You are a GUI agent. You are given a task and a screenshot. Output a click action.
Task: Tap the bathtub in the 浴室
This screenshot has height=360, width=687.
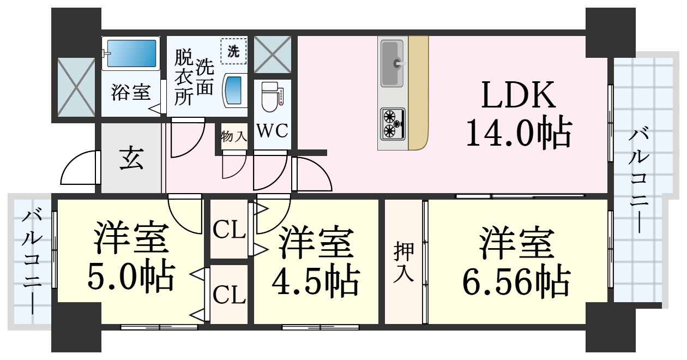coord(131,54)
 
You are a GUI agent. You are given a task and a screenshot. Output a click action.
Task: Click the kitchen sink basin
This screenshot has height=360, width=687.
coord(392,63)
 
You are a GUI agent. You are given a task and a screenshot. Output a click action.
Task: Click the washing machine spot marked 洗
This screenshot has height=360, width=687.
coord(233,52)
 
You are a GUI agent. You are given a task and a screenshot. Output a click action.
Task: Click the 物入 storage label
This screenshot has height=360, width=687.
coord(234,136)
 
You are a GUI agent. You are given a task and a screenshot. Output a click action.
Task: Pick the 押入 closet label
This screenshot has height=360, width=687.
coord(404,262)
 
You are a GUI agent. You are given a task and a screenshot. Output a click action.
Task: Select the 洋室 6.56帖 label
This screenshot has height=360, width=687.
coord(515,262)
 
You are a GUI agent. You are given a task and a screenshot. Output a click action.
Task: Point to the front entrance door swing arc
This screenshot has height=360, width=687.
coord(78,169)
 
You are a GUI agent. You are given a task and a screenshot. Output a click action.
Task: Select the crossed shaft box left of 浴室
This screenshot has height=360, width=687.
coord(76,87)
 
